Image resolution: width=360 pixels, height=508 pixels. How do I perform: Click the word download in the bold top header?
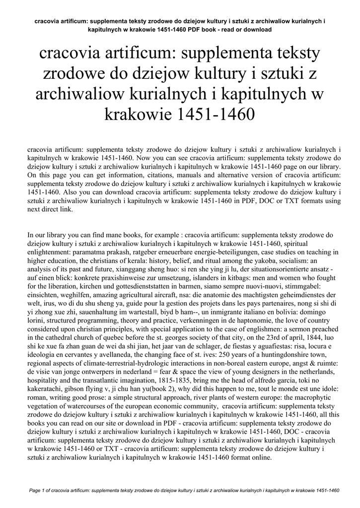click(258, 30)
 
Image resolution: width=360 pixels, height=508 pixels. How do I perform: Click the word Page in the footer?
click(36, 491)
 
